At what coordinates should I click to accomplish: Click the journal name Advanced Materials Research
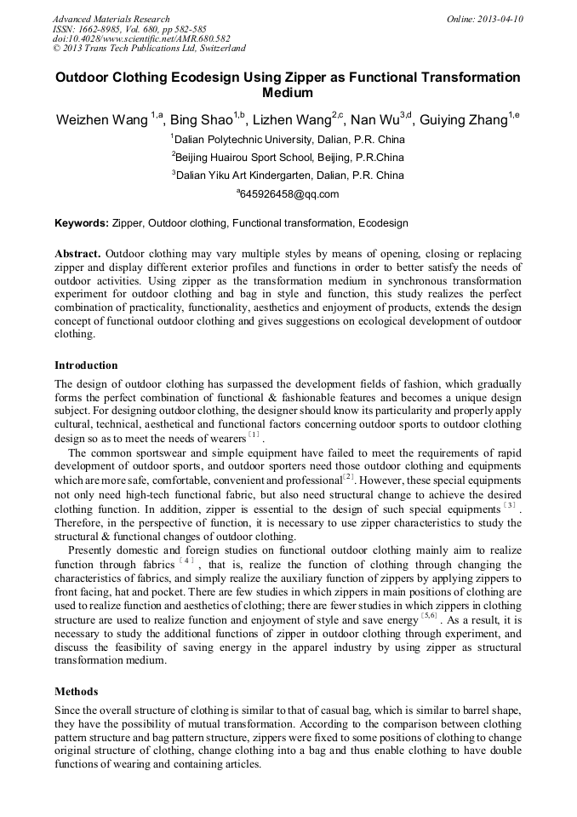tap(111, 19)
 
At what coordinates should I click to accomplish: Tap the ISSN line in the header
tap(129, 29)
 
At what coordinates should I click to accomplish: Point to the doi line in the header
tap(141, 38)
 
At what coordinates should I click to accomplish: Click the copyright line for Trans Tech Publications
tap(149, 49)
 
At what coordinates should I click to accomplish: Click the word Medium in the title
tap(288, 93)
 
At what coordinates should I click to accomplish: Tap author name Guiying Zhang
tap(465, 120)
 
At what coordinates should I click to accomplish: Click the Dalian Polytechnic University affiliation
tap(288, 139)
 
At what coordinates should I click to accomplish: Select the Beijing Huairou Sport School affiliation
tap(288, 158)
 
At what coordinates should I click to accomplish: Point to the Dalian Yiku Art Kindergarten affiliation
tap(288, 175)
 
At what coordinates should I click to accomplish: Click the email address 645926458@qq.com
tap(288, 194)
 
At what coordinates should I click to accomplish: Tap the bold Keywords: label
tap(82, 223)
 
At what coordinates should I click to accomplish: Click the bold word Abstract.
tap(77, 254)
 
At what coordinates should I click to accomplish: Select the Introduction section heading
tap(86, 365)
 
